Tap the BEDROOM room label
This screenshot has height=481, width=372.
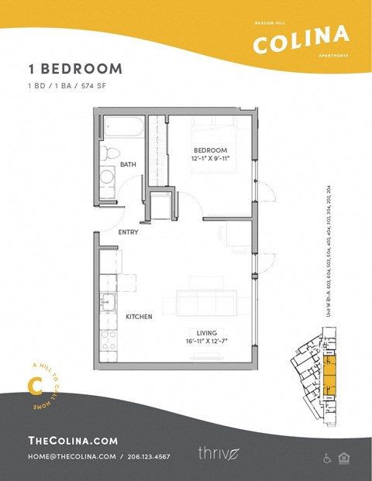210,149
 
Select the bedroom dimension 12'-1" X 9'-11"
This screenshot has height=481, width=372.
210,158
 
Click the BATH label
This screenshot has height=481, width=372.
128,164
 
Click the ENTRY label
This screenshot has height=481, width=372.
129,232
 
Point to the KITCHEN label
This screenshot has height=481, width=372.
139,316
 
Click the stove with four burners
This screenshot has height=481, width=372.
108,339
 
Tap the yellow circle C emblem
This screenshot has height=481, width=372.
33,385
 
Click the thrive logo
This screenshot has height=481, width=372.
216,452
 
